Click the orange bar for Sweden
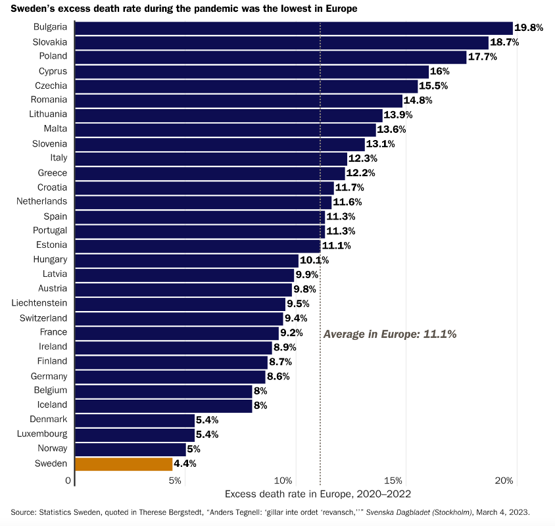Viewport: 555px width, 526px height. tap(124, 464)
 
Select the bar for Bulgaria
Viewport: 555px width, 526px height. tap(293, 28)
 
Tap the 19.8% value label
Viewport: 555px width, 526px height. tap(529, 28)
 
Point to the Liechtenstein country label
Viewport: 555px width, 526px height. tap(39, 303)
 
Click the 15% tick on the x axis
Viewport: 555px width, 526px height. tap(393, 481)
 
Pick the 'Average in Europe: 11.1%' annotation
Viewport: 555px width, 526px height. tap(390, 334)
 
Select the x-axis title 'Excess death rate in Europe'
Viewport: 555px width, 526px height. tap(318, 494)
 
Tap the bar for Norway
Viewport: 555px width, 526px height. tap(130, 449)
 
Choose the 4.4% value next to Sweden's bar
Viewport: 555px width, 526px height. tap(185, 464)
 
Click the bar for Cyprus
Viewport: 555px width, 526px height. tap(252, 71)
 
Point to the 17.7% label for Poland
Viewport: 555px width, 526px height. tap(482, 57)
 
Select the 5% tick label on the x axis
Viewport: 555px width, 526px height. tap(175, 481)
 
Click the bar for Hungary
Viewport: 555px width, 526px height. tap(187, 260)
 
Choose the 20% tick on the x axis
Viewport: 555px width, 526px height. tap(503, 481)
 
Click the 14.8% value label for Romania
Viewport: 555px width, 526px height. tap(418, 100)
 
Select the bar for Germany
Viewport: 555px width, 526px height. tap(170, 376)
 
